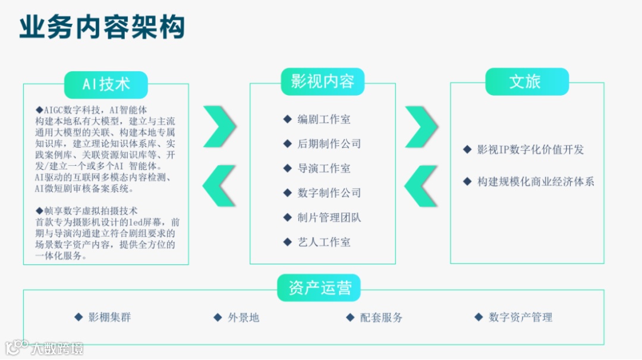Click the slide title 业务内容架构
[x=102, y=27]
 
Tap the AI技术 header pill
[x=106, y=84]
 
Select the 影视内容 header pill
[x=322, y=81]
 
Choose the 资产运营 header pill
[x=320, y=288]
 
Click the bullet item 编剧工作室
[x=323, y=119]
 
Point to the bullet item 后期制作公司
[x=329, y=144]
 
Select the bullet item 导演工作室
[x=323, y=169]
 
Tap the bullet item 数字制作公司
[x=329, y=193]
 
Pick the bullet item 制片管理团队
[x=329, y=217]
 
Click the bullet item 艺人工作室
[x=323, y=242]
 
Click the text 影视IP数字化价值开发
[x=530, y=150]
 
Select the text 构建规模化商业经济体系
[x=536, y=182]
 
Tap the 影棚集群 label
[x=109, y=317]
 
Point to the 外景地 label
[x=243, y=317]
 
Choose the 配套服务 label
[x=381, y=317]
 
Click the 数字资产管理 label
[x=520, y=317]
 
